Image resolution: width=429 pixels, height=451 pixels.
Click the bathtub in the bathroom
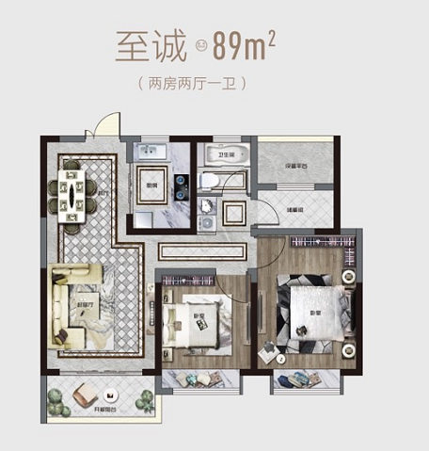point(229,156)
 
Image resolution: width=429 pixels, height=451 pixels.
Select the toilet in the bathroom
point(212,181)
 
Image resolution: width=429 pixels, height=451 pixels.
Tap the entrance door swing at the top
point(111,124)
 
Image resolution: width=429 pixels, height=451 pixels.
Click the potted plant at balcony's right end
point(144,402)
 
